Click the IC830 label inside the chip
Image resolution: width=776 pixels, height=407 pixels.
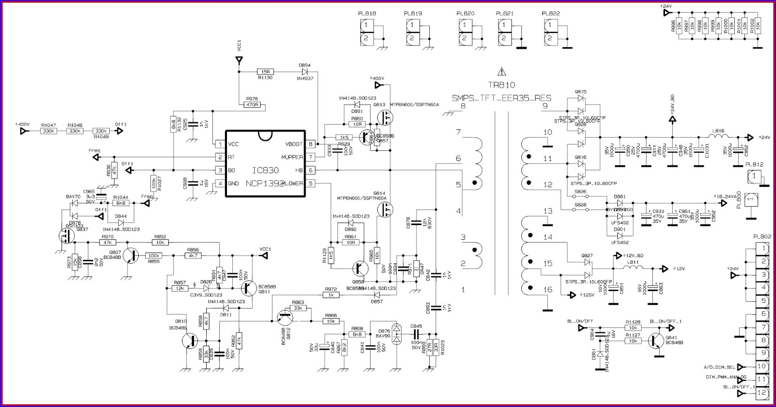coord(265,171)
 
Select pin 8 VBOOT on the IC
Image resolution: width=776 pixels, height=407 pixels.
coord(311,144)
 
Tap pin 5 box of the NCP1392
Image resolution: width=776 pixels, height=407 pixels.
coord(311,183)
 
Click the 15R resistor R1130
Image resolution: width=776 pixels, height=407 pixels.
coord(265,71)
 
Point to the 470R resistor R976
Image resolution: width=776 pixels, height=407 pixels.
coord(250,104)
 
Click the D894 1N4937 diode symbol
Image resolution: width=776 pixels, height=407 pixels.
coord(305,71)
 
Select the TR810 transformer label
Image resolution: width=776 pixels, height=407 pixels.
coord(501,85)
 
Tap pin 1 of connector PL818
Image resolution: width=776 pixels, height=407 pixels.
coord(367,25)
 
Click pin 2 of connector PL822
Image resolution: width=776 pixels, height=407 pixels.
coord(549,38)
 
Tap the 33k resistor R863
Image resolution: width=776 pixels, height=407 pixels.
coord(298,308)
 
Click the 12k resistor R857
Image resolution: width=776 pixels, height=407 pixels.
coord(180,288)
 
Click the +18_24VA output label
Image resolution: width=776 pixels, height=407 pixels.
coord(724,196)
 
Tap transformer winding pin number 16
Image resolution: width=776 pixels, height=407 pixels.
coord(548,290)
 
